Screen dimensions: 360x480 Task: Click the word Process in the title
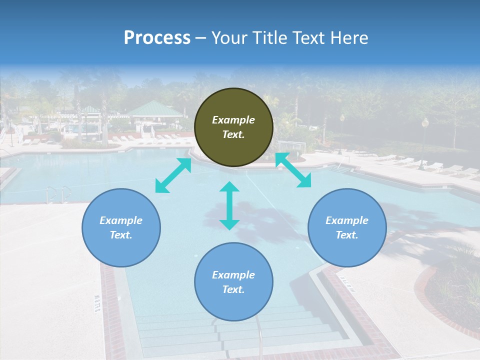click(157, 38)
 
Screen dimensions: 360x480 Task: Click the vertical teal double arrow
click(229, 205)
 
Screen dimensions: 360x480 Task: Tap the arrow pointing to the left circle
click(173, 175)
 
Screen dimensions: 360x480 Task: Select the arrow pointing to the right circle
click(293, 170)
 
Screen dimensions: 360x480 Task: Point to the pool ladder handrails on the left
click(58, 194)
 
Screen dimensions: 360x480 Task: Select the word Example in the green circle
click(233, 120)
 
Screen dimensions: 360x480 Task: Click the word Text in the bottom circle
click(233, 289)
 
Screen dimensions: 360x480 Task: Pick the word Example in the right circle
click(347, 220)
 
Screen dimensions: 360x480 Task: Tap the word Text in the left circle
click(121, 235)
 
